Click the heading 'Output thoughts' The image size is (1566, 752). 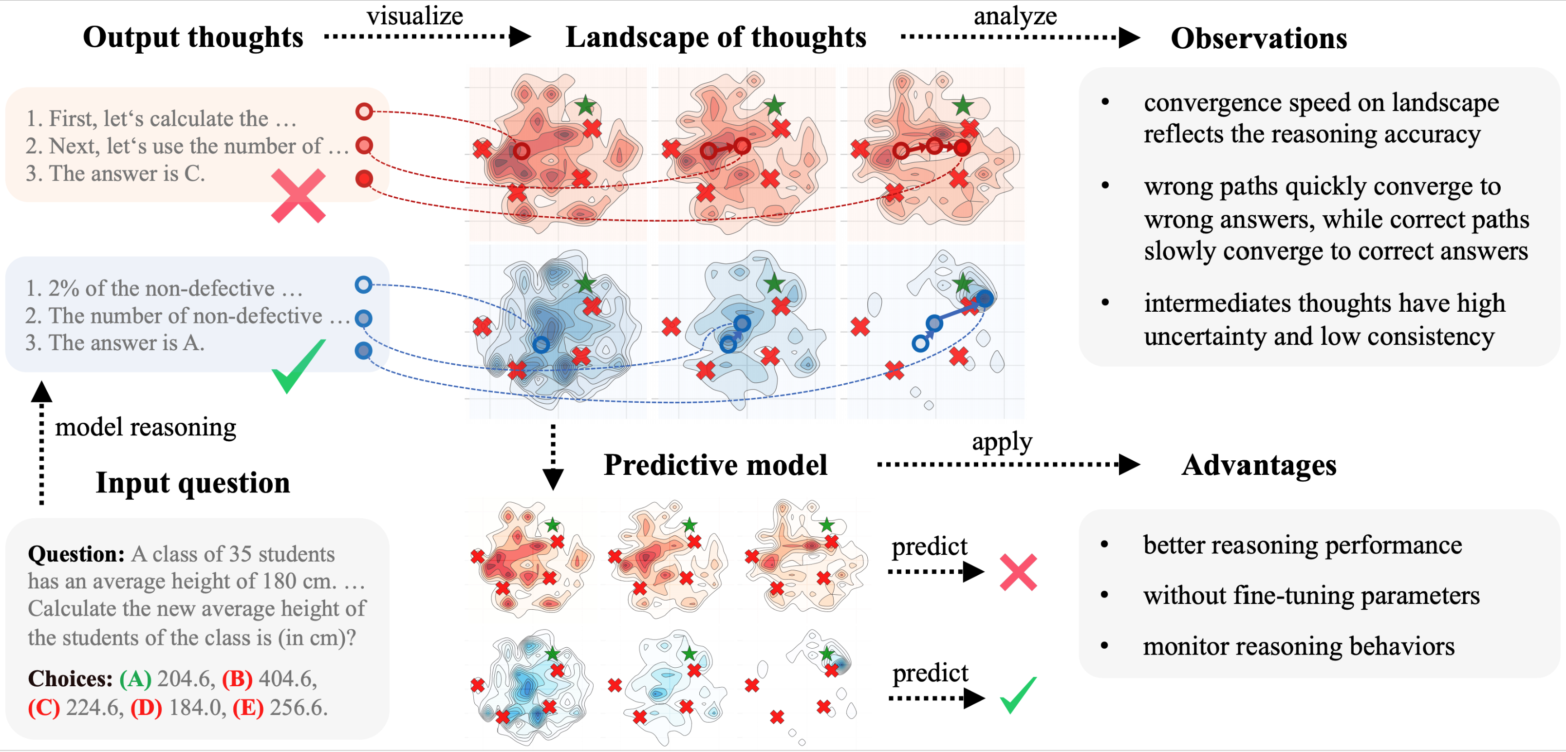click(x=193, y=38)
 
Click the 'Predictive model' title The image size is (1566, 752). click(x=715, y=466)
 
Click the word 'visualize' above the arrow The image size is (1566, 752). click(x=414, y=16)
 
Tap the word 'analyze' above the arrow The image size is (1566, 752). click(x=1015, y=16)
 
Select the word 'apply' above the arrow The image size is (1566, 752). click(x=1001, y=441)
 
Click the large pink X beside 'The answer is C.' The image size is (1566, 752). click(x=298, y=196)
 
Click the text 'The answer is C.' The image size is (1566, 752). click(x=115, y=174)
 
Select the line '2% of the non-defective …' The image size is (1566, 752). click(x=164, y=288)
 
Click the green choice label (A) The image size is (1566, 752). click(x=135, y=679)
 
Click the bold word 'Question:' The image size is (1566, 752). click(x=76, y=554)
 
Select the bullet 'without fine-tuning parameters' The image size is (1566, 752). click(x=1311, y=596)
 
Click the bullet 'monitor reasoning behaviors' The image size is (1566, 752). click(x=1299, y=646)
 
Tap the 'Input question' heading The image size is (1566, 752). click(x=193, y=483)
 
